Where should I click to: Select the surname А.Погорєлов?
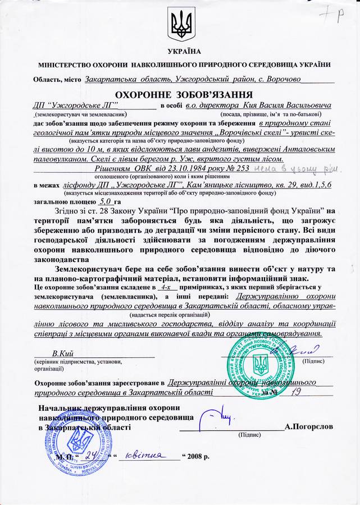pos(309,426)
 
